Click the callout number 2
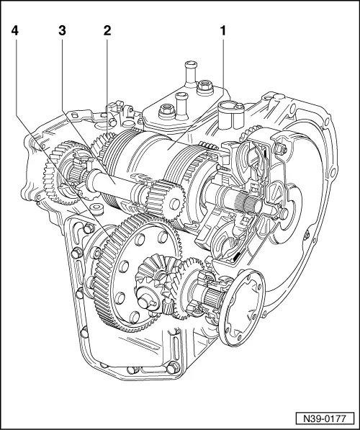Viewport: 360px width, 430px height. coord(107,32)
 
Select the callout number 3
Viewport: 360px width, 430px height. coord(62,32)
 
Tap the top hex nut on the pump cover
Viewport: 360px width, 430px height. coord(279,150)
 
